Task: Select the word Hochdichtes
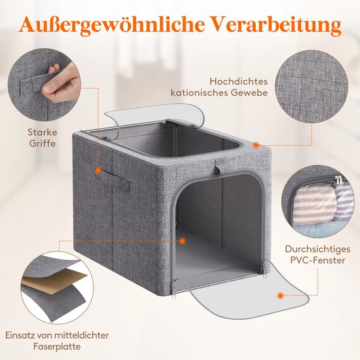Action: (x=239, y=81)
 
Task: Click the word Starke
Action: (x=42, y=132)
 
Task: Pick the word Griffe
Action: (x=41, y=143)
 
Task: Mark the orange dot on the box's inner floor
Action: (x=182, y=241)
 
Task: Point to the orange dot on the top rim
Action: (x=256, y=145)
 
